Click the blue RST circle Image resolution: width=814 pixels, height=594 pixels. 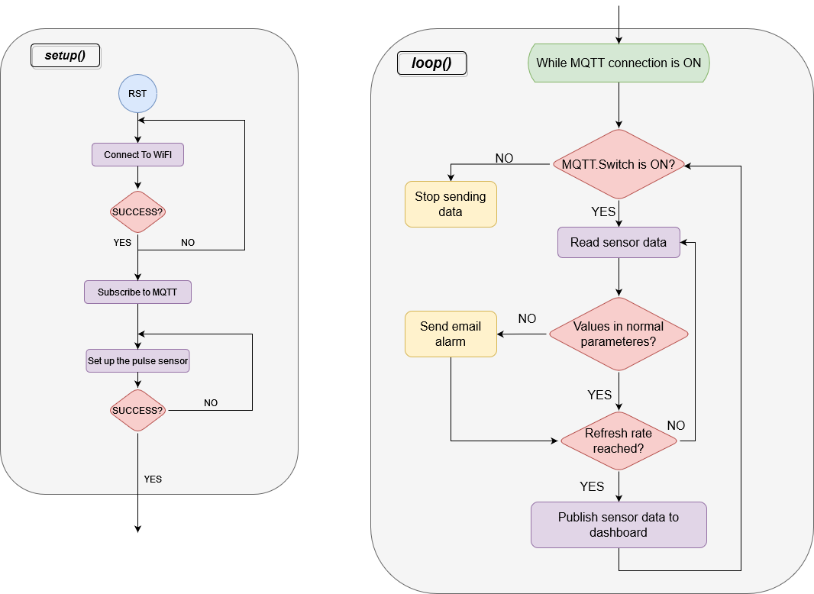[x=137, y=94]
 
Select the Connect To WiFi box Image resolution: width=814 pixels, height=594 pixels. [x=137, y=155]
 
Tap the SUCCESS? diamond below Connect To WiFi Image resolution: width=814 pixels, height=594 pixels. [x=137, y=211]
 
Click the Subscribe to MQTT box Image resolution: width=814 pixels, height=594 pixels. [x=137, y=292]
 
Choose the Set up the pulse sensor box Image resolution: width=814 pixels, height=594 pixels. [x=137, y=360]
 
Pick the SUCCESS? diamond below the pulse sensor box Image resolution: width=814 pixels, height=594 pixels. [x=137, y=410]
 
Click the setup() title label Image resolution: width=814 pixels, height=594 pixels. [x=65, y=56]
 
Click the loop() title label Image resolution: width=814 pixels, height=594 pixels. [x=431, y=63]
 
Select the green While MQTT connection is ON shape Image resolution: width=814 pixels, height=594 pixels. [x=619, y=63]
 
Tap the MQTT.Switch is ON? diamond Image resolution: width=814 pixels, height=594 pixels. [x=619, y=164]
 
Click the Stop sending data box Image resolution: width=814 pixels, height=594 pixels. [x=451, y=204]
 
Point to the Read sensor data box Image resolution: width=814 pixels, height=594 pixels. [x=619, y=242]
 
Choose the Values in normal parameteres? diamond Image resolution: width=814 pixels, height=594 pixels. [x=619, y=334]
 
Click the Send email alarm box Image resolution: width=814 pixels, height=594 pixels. [x=451, y=334]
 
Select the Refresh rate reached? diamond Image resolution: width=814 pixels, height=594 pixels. [x=619, y=441]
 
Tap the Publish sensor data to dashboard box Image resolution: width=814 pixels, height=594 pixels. [x=619, y=525]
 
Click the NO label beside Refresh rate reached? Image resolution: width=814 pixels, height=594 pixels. [x=676, y=425]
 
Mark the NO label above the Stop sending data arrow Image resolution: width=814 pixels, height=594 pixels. [x=504, y=158]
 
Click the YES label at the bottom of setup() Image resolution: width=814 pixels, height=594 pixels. [x=153, y=479]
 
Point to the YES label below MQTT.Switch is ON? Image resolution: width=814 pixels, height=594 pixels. [x=603, y=211]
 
